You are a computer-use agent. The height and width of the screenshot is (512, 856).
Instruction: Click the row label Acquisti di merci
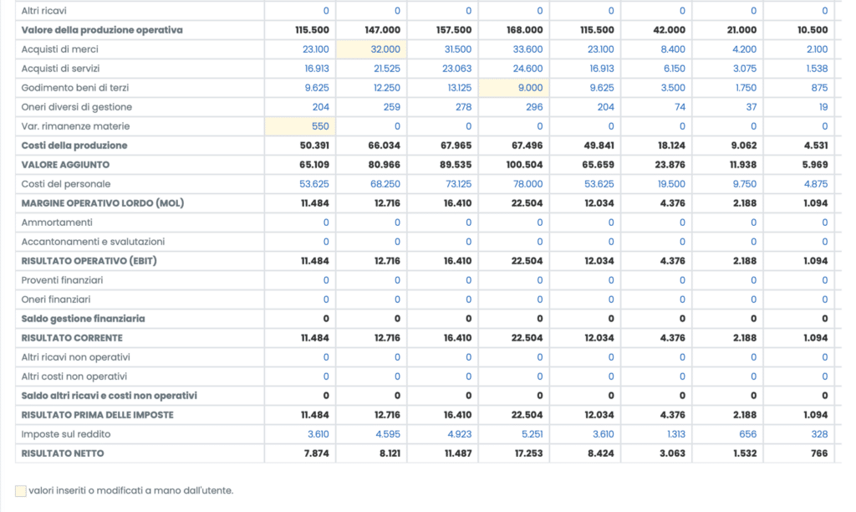pos(60,49)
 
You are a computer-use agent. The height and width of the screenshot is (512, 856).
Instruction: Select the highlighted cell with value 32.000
pos(385,49)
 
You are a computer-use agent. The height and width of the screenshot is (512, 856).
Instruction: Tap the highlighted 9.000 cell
pos(530,88)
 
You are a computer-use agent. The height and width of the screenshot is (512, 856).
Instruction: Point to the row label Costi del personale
pos(66,184)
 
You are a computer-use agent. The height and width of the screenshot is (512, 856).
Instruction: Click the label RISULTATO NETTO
pos(63,453)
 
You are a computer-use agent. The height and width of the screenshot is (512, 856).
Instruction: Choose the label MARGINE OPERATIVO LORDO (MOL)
pos(101,203)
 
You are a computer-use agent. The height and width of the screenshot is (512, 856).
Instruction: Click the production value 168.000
pos(525,30)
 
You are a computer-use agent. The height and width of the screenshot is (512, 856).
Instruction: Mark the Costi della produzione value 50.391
pos(314,146)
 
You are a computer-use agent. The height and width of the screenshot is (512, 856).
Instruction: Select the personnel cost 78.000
pos(528,184)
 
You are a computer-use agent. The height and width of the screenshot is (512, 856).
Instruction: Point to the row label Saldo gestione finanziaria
pos(83,319)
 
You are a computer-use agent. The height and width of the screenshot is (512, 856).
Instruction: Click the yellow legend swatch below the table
pos(20,491)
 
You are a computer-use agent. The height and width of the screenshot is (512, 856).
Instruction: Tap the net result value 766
pos(819,453)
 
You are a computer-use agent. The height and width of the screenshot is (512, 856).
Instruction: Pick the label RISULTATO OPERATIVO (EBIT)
pos(89,261)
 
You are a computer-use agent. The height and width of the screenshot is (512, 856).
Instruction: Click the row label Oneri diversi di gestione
pos(76,107)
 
